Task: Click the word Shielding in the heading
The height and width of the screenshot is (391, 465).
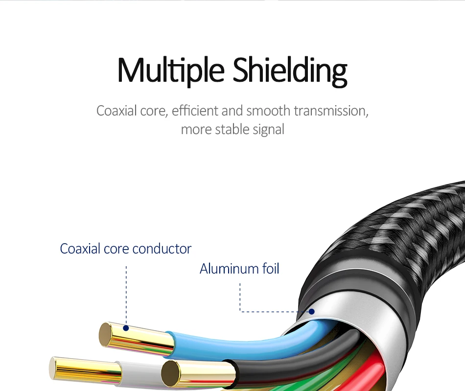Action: (290, 71)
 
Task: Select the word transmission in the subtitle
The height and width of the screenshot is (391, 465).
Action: (331, 111)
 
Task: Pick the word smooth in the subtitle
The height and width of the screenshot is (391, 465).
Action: (268, 111)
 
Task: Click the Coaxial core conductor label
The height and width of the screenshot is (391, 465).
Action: (125, 249)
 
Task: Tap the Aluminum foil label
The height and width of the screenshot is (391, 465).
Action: (239, 269)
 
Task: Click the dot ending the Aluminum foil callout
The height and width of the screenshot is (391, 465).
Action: (311, 312)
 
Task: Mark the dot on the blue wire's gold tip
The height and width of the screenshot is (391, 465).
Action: (126, 328)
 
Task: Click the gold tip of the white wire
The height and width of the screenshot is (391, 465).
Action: (86, 370)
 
